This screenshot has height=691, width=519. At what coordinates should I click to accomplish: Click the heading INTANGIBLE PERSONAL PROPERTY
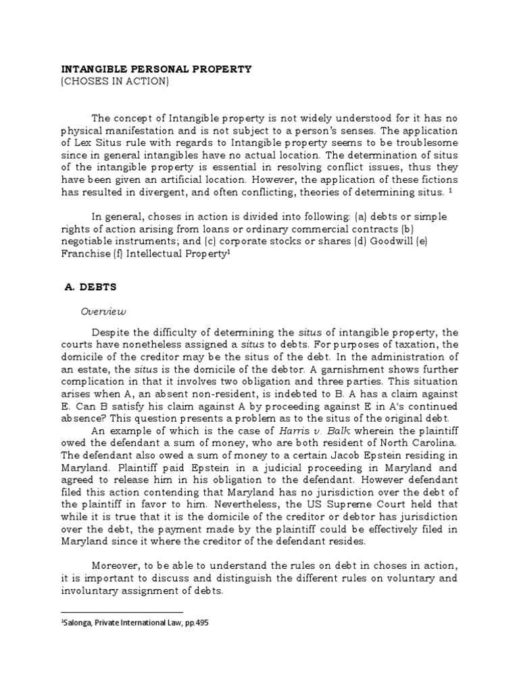pos(157,69)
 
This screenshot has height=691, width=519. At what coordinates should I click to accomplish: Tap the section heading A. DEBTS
pos(90,286)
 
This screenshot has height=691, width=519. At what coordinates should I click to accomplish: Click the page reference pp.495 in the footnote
pos(197,624)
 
